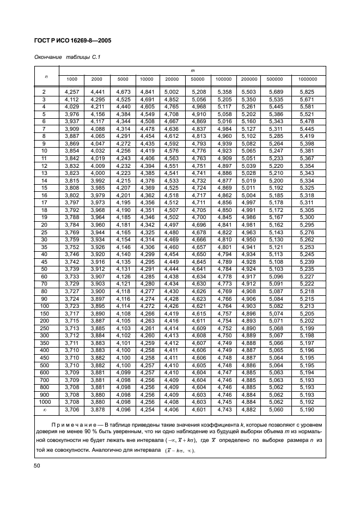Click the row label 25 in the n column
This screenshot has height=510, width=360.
(x=44, y=232)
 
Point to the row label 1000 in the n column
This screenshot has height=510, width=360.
(x=44, y=402)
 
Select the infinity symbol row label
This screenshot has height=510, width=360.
(x=44, y=409)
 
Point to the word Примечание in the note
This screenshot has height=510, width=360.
(x=74, y=424)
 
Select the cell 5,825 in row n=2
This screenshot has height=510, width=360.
(x=307, y=93)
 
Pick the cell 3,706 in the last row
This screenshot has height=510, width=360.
(x=71, y=409)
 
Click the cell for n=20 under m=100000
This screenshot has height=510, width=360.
(x=224, y=224)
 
